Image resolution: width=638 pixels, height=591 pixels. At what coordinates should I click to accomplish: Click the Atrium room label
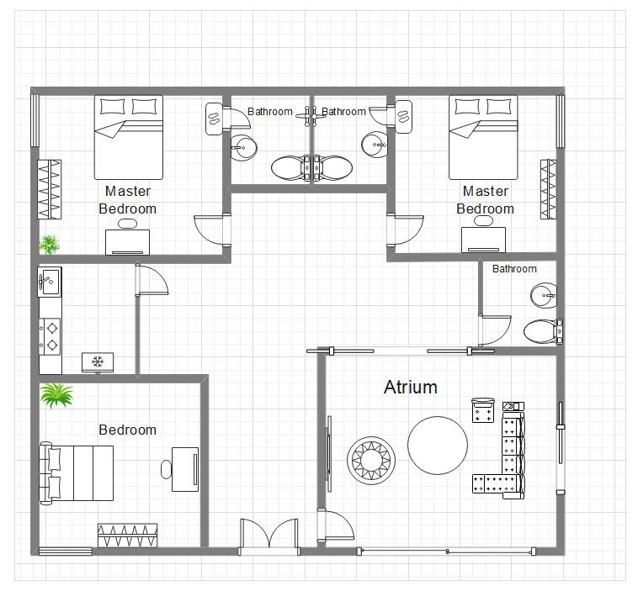(x=411, y=387)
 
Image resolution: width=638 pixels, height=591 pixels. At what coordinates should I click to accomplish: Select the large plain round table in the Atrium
(x=438, y=446)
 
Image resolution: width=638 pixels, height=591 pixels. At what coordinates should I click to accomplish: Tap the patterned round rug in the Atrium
(x=370, y=460)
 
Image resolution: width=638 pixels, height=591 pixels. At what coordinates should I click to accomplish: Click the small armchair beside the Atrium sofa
(x=482, y=410)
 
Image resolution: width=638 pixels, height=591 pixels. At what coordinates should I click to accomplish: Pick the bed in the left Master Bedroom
(x=128, y=135)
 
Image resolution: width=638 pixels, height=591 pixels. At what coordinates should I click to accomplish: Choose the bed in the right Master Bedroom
(x=483, y=135)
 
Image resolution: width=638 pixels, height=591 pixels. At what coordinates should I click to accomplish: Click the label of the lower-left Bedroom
(x=128, y=430)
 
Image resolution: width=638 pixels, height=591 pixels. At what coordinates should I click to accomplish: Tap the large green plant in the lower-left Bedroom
(x=56, y=395)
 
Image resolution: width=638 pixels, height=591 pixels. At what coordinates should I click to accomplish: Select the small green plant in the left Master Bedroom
(x=50, y=245)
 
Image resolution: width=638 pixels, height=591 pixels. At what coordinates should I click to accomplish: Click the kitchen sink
(x=50, y=281)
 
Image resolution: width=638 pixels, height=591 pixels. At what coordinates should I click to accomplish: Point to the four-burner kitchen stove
(x=51, y=335)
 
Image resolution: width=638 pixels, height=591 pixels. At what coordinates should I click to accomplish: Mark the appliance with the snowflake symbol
(x=97, y=361)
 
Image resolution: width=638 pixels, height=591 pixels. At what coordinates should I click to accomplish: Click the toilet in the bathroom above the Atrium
(x=541, y=330)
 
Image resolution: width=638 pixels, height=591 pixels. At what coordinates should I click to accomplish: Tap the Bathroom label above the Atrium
(x=514, y=269)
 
